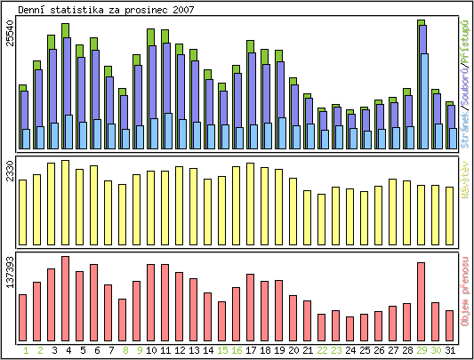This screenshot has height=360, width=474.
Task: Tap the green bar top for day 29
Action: tap(421, 22)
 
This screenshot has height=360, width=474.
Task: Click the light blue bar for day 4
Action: tap(68, 132)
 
